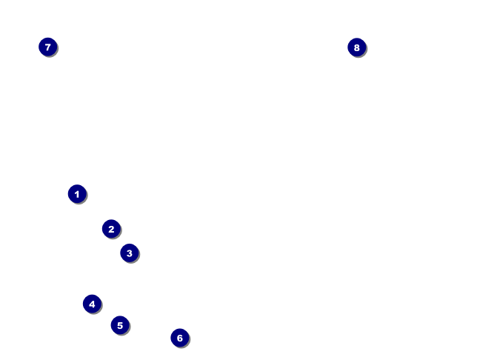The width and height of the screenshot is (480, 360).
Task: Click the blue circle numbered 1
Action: pyautogui.click(x=77, y=194)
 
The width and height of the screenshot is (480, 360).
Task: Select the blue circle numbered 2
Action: pyautogui.click(x=111, y=229)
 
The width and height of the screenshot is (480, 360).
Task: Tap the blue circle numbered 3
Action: pyautogui.click(x=129, y=253)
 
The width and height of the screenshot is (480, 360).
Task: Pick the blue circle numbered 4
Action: pyautogui.click(x=92, y=304)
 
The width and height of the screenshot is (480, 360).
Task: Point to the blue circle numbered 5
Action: pyautogui.click(x=120, y=325)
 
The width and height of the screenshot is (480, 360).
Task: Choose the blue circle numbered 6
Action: pyautogui.click(x=179, y=338)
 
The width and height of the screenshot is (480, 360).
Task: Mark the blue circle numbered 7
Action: pyautogui.click(x=47, y=47)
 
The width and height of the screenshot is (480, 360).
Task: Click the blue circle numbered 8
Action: pyautogui.click(x=356, y=47)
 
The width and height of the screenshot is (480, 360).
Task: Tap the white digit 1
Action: pyautogui.click(x=77, y=194)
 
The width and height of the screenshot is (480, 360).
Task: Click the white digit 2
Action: pyautogui.click(x=111, y=229)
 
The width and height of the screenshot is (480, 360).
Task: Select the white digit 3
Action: pyautogui.click(x=129, y=253)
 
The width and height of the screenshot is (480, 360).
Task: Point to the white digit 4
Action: pyautogui.click(x=92, y=304)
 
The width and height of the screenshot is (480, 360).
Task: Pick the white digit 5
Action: pyautogui.click(x=120, y=325)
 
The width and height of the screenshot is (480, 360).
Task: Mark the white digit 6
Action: pyautogui.click(x=179, y=338)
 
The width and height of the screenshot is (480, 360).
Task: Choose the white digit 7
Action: pyautogui.click(x=47, y=47)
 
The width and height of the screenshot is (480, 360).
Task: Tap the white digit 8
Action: pyautogui.click(x=356, y=47)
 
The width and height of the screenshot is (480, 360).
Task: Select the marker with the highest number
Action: pyautogui.click(x=356, y=47)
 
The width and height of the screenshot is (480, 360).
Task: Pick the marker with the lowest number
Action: pyautogui.click(x=77, y=194)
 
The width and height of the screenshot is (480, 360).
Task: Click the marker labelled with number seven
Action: pyautogui.click(x=47, y=47)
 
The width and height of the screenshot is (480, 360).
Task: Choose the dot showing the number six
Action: pyautogui.click(x=179, y=338)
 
